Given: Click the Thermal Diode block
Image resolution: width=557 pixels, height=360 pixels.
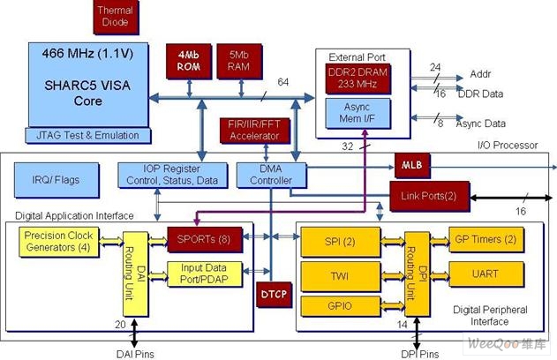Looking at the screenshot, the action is [116, 17].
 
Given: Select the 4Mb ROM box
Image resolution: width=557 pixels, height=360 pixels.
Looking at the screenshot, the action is [189, 61].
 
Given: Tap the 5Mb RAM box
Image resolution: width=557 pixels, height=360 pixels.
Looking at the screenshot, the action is [239, 61].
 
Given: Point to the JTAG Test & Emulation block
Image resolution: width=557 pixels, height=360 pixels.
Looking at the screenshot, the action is [88, 136].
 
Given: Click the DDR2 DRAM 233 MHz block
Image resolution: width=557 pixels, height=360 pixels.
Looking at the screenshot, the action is [358, 79].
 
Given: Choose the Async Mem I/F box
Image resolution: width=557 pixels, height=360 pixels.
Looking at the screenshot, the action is [358, 113].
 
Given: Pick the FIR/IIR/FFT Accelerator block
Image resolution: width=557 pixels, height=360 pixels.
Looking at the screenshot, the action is [255, 131].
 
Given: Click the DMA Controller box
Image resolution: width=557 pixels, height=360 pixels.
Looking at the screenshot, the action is [271, 175].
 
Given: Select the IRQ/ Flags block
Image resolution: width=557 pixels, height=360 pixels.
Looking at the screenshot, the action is [56, 180].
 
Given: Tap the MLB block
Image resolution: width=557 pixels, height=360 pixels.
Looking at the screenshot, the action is [412, 166].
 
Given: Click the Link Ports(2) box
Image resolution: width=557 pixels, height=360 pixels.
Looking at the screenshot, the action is [430, 197].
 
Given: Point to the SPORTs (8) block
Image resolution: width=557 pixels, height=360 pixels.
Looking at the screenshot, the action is [205, 240].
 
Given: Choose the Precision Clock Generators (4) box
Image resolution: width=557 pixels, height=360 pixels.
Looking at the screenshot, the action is [59, 242].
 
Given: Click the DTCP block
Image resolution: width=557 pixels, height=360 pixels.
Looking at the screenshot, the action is [274, 295].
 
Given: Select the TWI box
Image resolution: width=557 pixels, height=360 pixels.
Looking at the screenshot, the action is [341, 276].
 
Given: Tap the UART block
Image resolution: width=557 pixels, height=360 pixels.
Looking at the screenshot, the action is [486, 274].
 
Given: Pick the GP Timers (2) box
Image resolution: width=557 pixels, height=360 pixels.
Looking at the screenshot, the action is [486, 240].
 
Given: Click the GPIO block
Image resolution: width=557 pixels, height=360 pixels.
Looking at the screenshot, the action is [341, 306].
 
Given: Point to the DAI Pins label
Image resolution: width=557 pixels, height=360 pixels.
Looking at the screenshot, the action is [135, 354].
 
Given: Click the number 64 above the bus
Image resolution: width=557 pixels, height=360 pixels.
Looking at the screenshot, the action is [283, 82].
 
